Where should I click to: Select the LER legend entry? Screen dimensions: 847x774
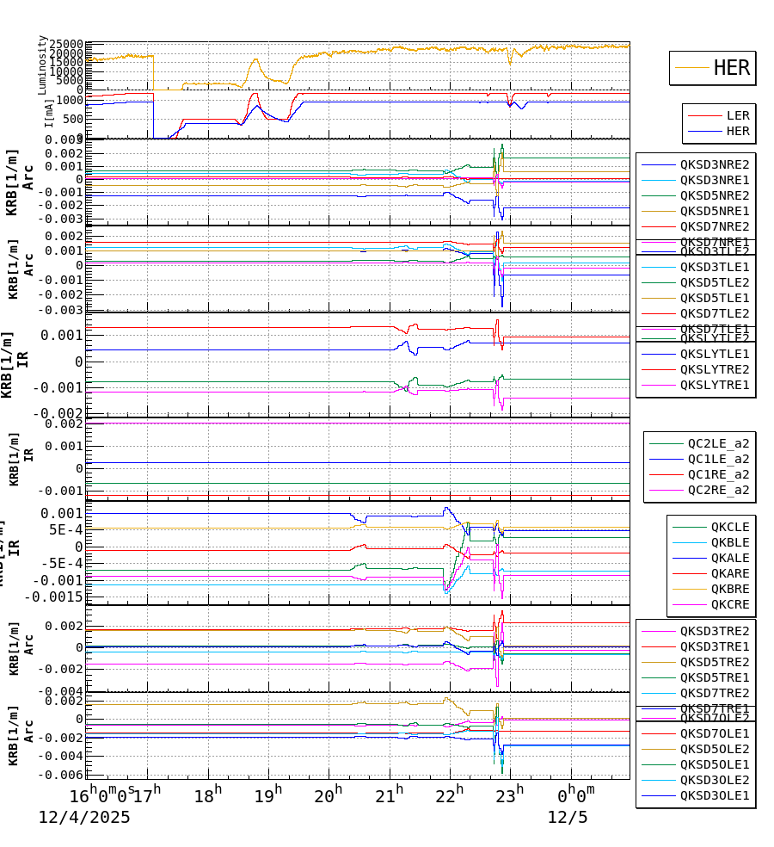(x=737, y=115)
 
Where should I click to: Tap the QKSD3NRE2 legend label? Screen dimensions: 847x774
(x=714, y=164)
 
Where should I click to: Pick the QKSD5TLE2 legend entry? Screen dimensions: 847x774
(x=714, y=282)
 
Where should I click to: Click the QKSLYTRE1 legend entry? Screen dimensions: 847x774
(x=714, y=385)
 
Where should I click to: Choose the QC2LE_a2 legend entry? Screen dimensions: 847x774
(x=717, y=443)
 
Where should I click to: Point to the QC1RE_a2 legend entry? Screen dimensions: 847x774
(x=717, y=474)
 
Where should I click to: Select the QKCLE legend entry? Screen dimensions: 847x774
(x=729, y=527)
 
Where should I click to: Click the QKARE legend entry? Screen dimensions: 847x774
(x=729, y=573)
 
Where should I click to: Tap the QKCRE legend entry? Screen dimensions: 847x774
(x=729, y=604)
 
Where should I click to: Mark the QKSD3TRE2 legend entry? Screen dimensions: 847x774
(x=714, y=631)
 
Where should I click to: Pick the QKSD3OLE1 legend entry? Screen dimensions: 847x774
(x=714, y=795)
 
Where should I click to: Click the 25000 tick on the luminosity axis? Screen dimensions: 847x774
(x=65, y=45)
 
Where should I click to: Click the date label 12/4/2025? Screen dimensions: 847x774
(x=84, y=818)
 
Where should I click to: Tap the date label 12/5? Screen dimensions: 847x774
(x=568, y=818)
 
